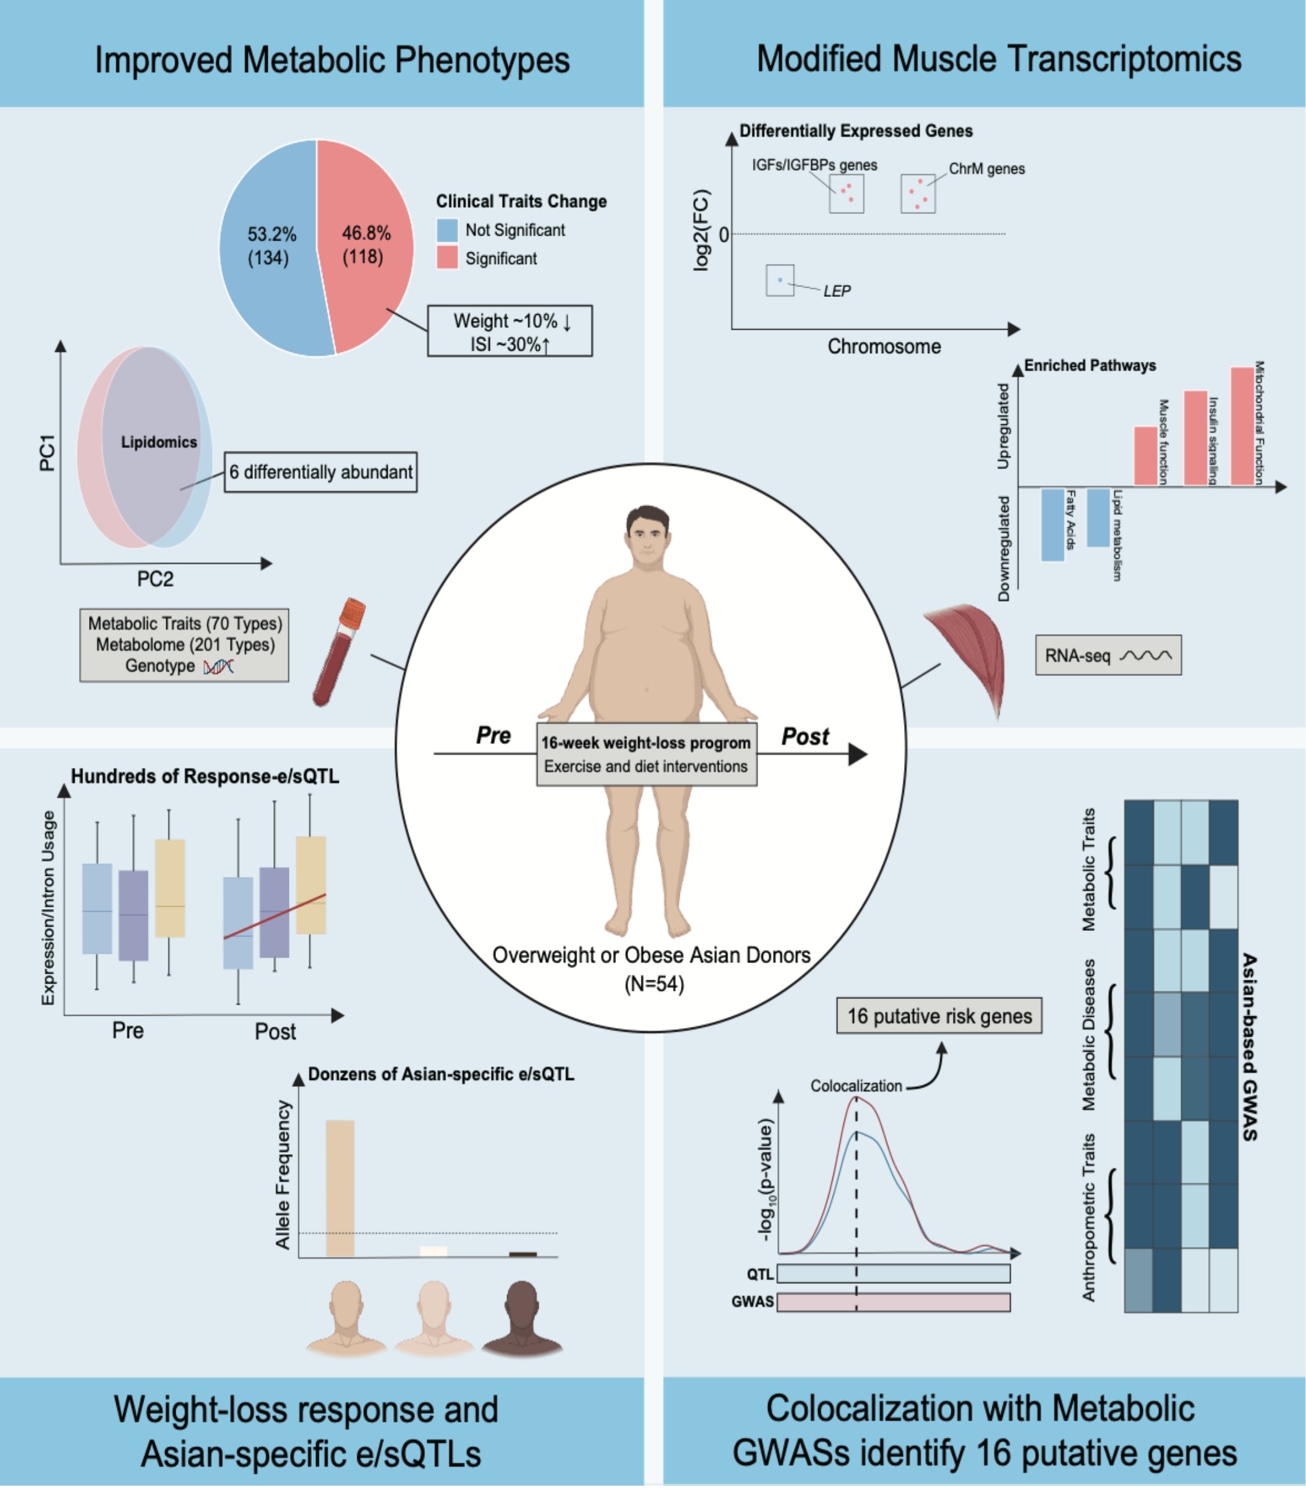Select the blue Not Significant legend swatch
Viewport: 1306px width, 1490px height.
tap(446, 230)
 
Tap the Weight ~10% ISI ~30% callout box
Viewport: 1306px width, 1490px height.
tap(510, 332)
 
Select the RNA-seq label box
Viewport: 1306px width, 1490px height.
tap(1107, 656)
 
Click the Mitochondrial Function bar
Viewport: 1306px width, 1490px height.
tap(1242, 426)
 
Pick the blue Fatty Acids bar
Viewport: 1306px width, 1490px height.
tap(1052, 525)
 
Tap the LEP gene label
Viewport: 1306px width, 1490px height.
tap(837, 291)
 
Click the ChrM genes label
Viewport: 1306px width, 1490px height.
tap(986, 169)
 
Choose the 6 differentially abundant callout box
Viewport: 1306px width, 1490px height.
tap(321, 473)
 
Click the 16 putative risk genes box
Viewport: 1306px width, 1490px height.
tap(939, 1016)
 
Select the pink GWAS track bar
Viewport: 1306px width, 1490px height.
tap(894, 1303)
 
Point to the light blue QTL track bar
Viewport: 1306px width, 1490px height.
tap(894, 1274)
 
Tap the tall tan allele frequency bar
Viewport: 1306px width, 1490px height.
tap(340, 1188)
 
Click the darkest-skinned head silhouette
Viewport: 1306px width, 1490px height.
tap(522, 1319)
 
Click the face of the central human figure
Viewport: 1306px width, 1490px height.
tap(646, 537)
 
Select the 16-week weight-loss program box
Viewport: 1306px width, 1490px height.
tap(646, 755)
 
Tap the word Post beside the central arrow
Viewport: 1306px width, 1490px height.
tap(805, 737)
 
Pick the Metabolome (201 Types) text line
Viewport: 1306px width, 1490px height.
tap(185, 645)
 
